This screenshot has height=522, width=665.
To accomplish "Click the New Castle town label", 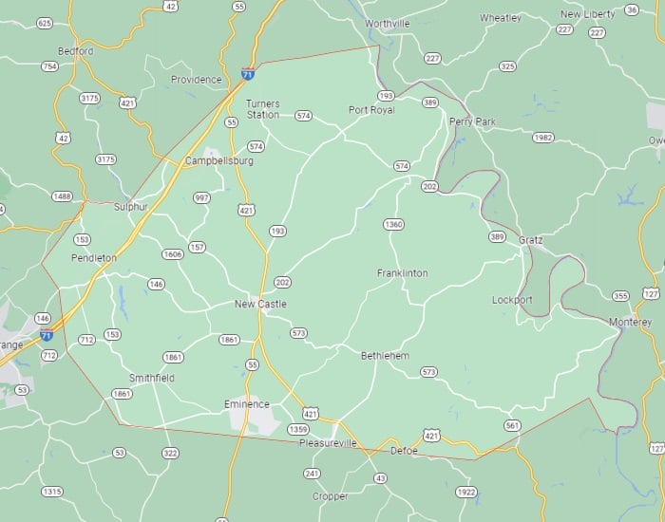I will point(260,304).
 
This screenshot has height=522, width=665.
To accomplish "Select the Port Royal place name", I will point(370,110).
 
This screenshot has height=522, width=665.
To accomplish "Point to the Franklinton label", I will point(402,273).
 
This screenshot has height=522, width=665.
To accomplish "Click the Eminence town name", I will point(246,404).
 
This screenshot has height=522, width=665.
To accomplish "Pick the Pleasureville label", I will point(328,443).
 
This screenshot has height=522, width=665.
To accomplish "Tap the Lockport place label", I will point(512,300).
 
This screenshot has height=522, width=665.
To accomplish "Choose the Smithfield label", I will point(152,378).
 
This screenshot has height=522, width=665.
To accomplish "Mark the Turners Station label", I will point(262,108).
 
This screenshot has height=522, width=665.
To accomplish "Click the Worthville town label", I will point(386,22).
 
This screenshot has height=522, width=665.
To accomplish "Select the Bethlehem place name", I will point(385,356).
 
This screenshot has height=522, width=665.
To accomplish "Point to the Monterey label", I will point(630,323).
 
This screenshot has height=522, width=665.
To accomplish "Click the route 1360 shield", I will point(393,225).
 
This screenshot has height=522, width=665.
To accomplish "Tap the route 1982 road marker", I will point(542,138).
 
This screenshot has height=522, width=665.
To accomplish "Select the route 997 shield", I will point(201,197).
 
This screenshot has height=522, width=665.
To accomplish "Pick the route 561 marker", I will point(512,425).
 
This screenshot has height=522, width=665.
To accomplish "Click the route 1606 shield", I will point(172,254).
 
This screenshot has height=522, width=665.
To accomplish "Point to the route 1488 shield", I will point(62,196).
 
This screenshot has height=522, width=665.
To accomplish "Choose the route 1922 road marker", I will point(465,492).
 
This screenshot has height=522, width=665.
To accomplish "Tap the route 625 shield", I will point(45,22).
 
